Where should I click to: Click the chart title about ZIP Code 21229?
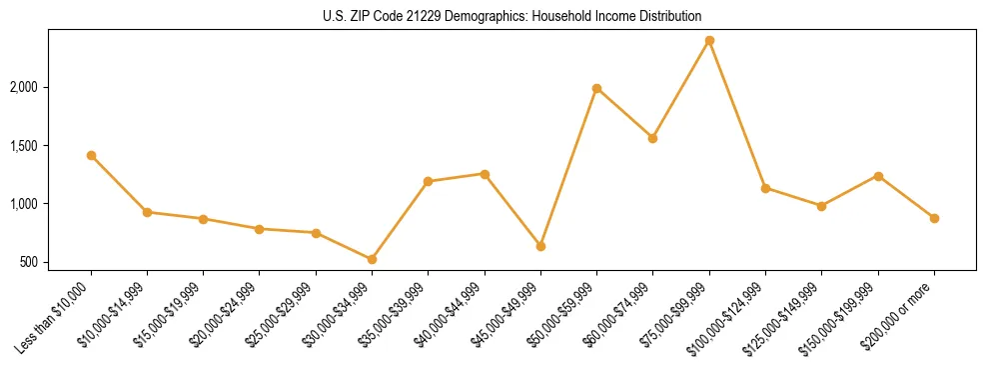[512, 16]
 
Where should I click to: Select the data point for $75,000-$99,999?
[709, 40]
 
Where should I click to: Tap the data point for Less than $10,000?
[91, 155]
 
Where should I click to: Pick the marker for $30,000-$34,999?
[372, 259]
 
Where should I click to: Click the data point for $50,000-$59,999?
[596, 88]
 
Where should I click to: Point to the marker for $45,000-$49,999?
[540, 246]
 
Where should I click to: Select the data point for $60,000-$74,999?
[652, 138]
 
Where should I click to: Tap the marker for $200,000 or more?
[934, 218]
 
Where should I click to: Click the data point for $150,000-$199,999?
[878, 176]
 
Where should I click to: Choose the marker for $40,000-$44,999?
[485, 174]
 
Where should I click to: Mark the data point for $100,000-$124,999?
[765, 188]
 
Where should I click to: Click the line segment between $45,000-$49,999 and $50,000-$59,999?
[568, 167]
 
